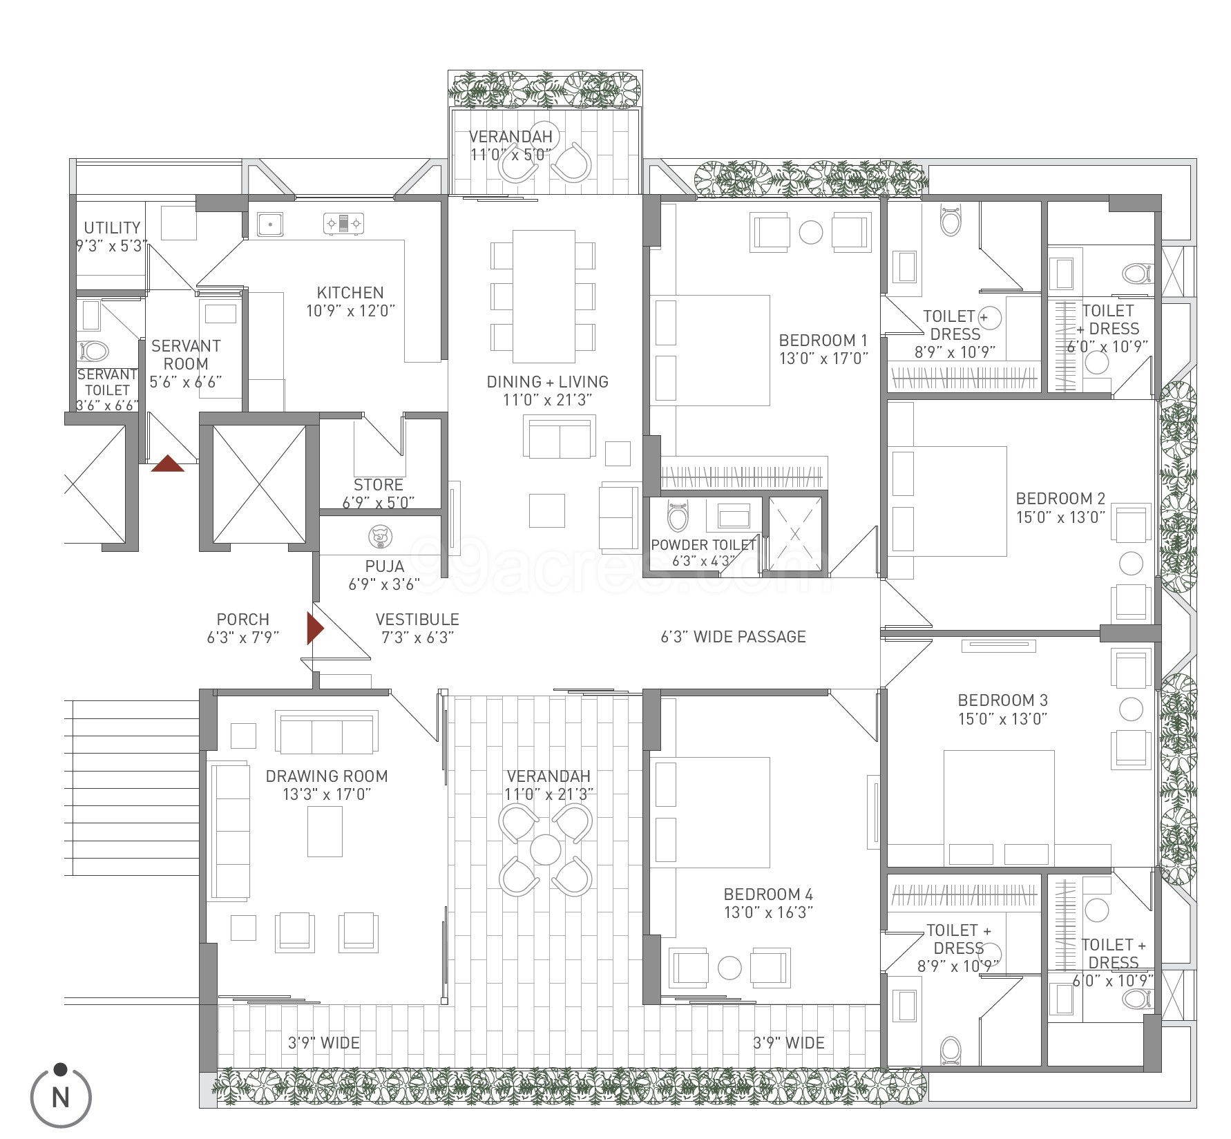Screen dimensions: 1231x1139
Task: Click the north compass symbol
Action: tap(61, 1095)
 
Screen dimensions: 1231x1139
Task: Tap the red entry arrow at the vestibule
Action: tap(315, 629)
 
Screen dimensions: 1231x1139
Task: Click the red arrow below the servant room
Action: tap(168, 463)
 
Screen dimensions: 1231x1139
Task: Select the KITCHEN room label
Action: tap(350, 292)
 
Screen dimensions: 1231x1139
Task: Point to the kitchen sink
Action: tap(270, 223)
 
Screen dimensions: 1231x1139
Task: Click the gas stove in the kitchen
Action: tap(343, 223)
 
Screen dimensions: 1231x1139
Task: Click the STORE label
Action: tap(378, 485)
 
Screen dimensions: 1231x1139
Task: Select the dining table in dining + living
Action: tap(544, 296)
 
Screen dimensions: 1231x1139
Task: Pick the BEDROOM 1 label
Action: tap(823, 340)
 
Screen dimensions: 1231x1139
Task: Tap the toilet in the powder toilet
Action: tap(678, 515)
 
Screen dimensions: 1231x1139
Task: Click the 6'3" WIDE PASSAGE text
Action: tap(733, 636)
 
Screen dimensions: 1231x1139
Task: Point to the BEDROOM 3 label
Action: tap(1002, 700)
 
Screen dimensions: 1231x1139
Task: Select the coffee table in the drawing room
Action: tap(325, 831)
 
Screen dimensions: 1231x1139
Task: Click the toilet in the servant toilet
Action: tap(93, 351)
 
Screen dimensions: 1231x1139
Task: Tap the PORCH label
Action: tap(242, 620)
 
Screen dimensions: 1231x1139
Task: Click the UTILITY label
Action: tap(112, 227)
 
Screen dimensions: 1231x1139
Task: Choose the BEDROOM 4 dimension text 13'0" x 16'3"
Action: tap(768, 912)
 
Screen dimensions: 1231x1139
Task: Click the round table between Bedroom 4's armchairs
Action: tap(729, 967)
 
